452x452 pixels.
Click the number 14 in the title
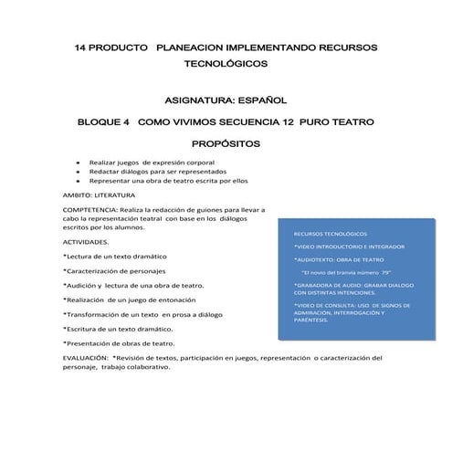(80, 47)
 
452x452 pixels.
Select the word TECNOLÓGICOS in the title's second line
(226, 66)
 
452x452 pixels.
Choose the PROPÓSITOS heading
(226, 144)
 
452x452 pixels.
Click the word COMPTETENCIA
(92, 210)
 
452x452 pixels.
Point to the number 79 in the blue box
(385, 272)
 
